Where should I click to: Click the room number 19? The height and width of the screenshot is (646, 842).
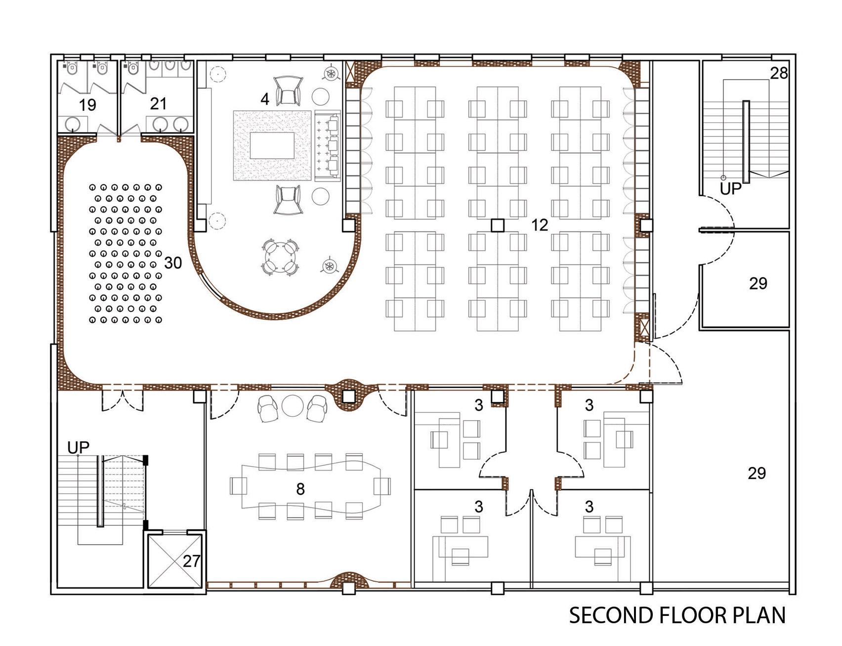coord(87,105)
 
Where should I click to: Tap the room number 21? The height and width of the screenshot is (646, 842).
coord(158,104)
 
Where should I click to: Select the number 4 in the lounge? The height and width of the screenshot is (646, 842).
coord(265,99)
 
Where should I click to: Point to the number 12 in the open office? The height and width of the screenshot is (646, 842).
coord(540,225)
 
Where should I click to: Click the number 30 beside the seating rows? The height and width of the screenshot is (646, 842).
coord(173,263)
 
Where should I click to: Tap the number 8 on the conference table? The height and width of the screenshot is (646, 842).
coord(300,489)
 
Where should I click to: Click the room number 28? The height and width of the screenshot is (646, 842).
coord(779,73)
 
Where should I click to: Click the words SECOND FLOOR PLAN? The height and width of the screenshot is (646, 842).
coord(677,616)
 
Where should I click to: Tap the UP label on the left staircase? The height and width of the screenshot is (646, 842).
coord(78,448)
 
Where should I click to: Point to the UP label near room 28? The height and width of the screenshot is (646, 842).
coord(730,189)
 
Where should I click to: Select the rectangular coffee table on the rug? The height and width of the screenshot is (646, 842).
coord(272,146)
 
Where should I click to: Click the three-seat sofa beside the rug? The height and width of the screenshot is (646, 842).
coord(328,146)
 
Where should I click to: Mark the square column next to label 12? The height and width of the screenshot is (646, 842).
coord(498,226)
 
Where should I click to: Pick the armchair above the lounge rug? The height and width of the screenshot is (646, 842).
coord(288,90)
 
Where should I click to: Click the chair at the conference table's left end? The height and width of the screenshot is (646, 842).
coord(238,486)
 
